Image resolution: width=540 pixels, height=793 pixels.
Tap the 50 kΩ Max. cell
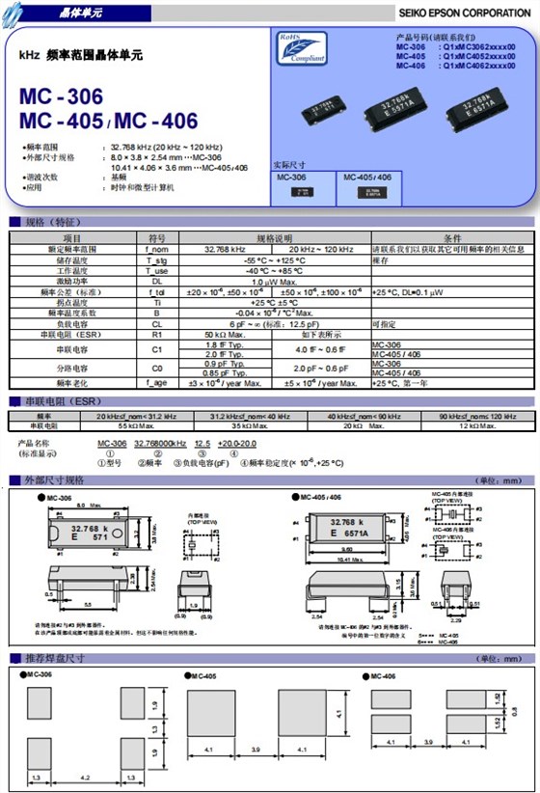[223, 334]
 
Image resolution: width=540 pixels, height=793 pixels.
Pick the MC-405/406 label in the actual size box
[366, 178]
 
